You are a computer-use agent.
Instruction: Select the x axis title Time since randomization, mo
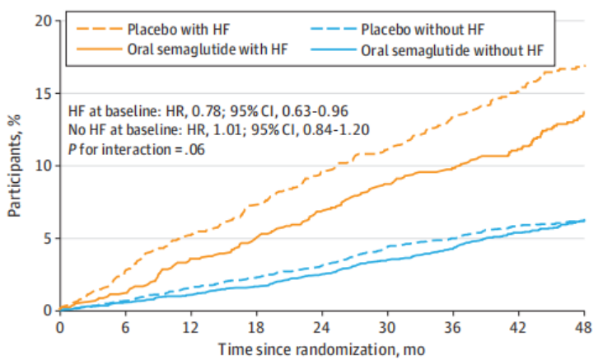pyautogui.click(x=322, y=348)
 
